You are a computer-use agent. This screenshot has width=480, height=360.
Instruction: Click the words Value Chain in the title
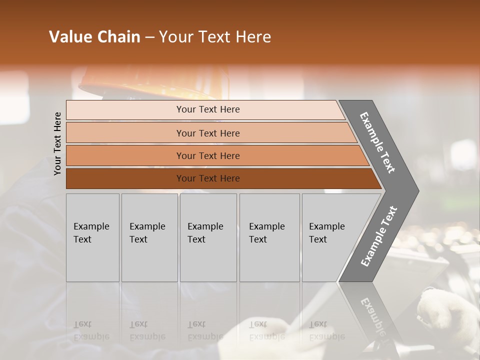coord(94,37)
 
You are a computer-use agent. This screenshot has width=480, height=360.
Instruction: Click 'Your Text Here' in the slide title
coord(215,37)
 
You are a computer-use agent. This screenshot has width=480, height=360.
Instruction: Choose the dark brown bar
coord(125,178)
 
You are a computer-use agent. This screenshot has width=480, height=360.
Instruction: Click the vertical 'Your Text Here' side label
coord(57,143)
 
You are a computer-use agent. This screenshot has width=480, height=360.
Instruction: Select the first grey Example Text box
coord(92,237)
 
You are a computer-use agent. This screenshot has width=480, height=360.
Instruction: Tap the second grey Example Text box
coord(149,237)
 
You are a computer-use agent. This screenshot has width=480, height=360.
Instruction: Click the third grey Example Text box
coord(208,237)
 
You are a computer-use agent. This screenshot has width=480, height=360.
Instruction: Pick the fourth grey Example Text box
coord(269,237)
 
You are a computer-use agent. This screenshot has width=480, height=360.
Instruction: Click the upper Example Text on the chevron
coord(377,142)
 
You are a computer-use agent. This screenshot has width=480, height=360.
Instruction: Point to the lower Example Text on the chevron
coord(378,236)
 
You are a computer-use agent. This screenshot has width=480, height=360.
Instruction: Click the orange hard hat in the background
coord(150,82)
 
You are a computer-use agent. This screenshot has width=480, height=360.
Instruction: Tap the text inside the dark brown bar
coord(208,178)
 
